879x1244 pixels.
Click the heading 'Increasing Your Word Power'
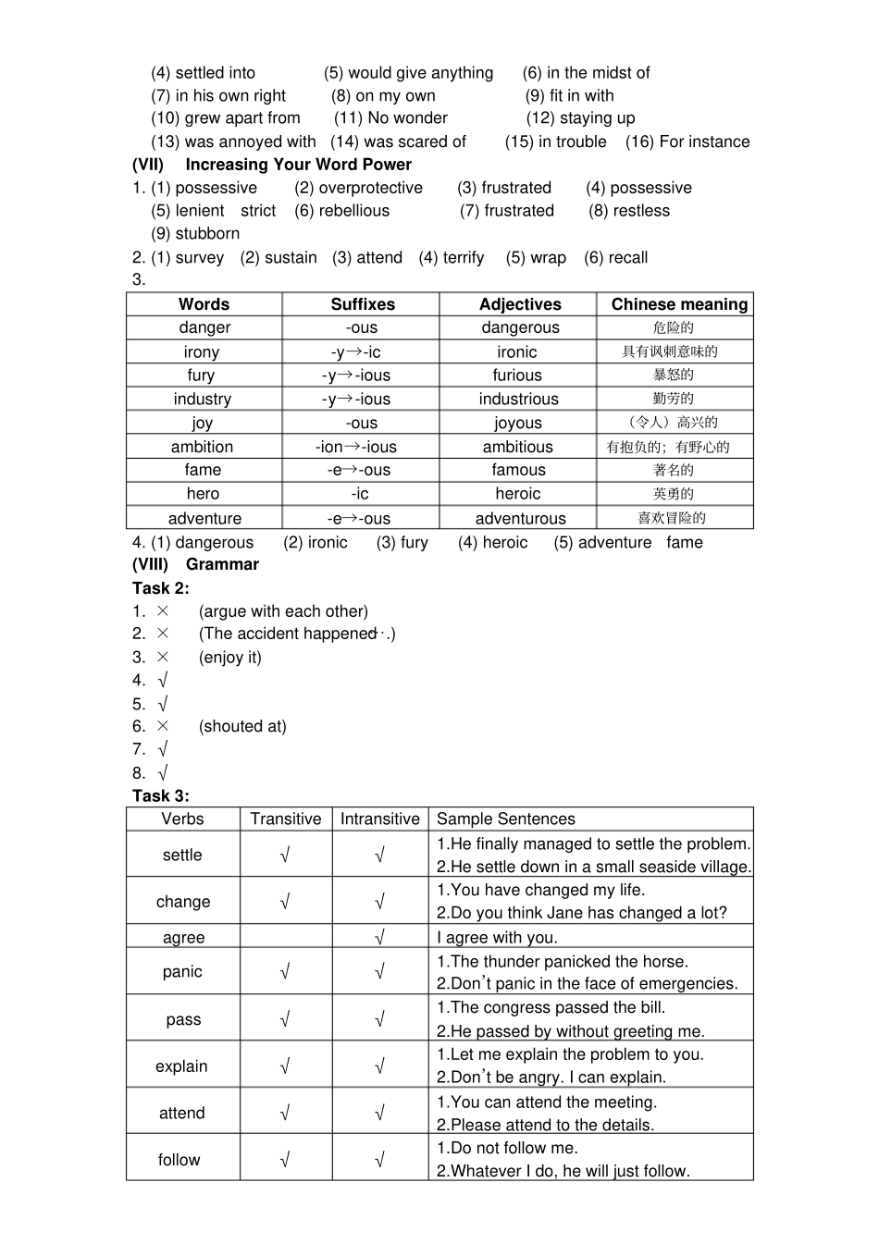pos(298,165)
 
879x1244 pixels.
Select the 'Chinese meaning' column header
pos(679,304)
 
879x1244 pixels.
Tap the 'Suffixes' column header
pos(363,304)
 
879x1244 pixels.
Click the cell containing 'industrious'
pos(518,400)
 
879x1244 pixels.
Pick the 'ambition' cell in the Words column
pos(202,447)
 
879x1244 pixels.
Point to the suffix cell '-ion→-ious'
pos(356,447)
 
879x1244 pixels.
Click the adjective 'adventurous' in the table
pos(520,518)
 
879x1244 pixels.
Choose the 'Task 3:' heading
pos(161,795)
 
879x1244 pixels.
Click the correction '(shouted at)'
pos(242,726)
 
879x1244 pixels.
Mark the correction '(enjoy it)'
pos(230,658)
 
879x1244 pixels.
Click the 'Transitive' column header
pos(286,819)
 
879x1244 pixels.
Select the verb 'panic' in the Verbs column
pos(182,971)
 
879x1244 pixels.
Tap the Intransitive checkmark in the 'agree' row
pos(379,937)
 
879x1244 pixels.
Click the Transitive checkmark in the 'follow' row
pos(285,1159)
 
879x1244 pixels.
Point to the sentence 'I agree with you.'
pos(497,937)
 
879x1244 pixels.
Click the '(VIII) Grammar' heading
pos(195,564)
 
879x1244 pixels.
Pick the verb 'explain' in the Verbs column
pos(181,1065)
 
